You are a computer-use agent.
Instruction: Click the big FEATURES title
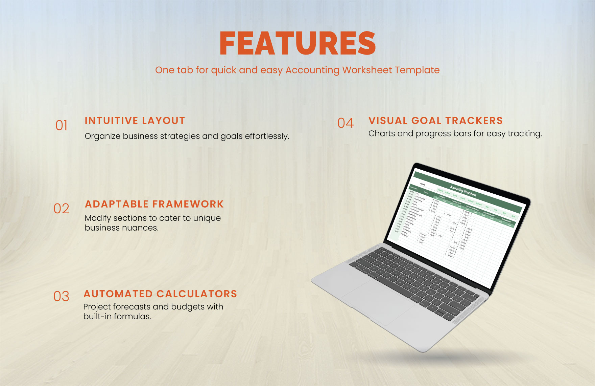(x=297, y=43)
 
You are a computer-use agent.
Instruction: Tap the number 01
(x=62, y=126)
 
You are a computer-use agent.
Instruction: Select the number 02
(x=61, y=209)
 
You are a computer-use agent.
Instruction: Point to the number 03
(x=61, y=297)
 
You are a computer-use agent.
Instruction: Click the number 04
(x=346, y=123)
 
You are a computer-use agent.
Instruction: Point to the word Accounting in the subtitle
(x=312, y=70)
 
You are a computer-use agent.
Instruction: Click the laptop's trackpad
(x=378, y=298)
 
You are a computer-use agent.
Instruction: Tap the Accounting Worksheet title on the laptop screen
(x=463, y=191)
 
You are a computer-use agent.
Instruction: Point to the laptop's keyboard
(x=416, y=278)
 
